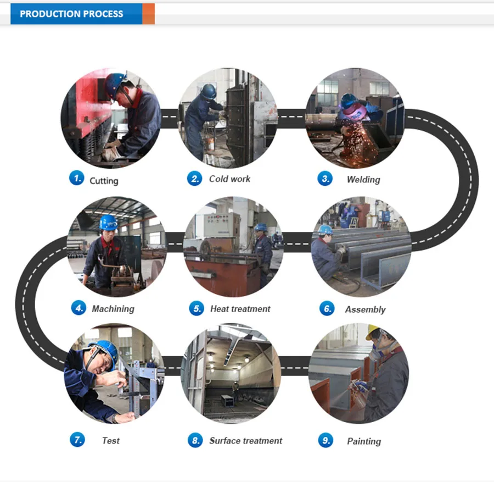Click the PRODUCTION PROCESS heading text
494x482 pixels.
pos(71,14)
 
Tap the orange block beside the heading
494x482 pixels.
pos(148,14)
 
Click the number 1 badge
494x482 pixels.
pos(76,178)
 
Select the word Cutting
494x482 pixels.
pos(104,181)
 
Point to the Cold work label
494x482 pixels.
pos(229,179)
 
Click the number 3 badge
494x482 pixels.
pos(325,179)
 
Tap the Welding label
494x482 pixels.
pos(363,180)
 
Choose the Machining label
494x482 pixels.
pos(113,309)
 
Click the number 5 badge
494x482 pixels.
pos(197,308)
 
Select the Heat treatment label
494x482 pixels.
pos(240,309)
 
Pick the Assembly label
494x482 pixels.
pos(366,309)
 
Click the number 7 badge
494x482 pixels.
pos(77,440)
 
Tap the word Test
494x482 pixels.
pos(111,440)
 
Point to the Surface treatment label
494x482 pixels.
pos(246,441)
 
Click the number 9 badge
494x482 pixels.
pos(325,440)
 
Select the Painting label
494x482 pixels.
pos(364,441)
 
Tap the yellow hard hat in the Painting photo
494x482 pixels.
pos(373,331)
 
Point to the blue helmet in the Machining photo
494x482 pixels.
pos(108,222)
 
